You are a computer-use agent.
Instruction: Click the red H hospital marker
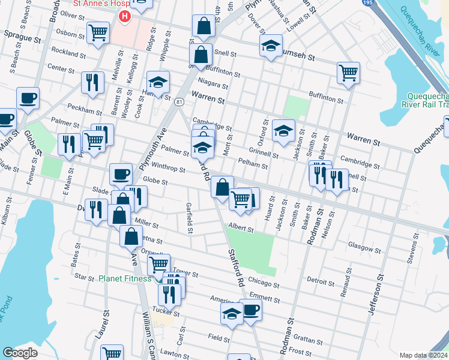pyautogui.click(x=124, y=16)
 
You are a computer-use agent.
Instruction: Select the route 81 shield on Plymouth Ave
pyautogui.click(x=179, y=103)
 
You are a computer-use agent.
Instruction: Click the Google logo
pyautogui.click(x=20, y=352)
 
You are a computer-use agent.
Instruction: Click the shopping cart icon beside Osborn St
pyautogui.click(x=98, y=32)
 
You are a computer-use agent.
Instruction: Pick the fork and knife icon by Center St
pyautogui.click(x=92, y=82)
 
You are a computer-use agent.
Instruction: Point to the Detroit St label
pyautogui.click(x=320, y=281)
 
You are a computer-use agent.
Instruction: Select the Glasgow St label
pyautogui.click(x=365, y=248)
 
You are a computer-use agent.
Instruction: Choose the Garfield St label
pyautogui.click(x=189, y=217)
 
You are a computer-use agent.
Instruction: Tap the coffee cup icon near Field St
pyautogui.click(x=250, y=310)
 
